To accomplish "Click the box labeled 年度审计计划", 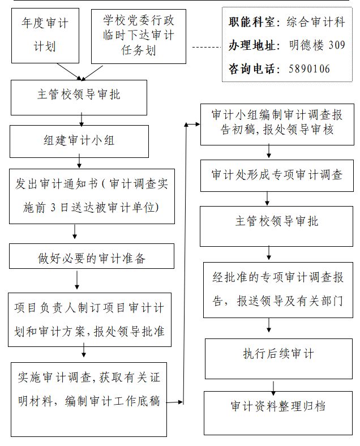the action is pos(45,36).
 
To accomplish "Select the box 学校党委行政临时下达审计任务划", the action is pos(139,36).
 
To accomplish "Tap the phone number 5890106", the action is pos(309,69).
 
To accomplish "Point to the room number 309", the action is pos(337,45).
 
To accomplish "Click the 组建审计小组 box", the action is pos(79,141).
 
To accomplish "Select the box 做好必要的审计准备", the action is pos(92,256).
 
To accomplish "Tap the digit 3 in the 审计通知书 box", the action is pos(53,207).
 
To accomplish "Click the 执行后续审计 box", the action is pos(278,359).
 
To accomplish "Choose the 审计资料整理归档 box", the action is pos(278,413).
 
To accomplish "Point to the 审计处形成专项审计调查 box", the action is pos(277,175).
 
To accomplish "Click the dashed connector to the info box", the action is pos(207,47).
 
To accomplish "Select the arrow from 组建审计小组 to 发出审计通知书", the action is pos(79,161).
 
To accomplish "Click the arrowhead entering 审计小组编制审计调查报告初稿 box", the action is pos(198,124).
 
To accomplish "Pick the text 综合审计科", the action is pos(316,22).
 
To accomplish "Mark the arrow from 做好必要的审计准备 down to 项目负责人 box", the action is pos(77,281).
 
